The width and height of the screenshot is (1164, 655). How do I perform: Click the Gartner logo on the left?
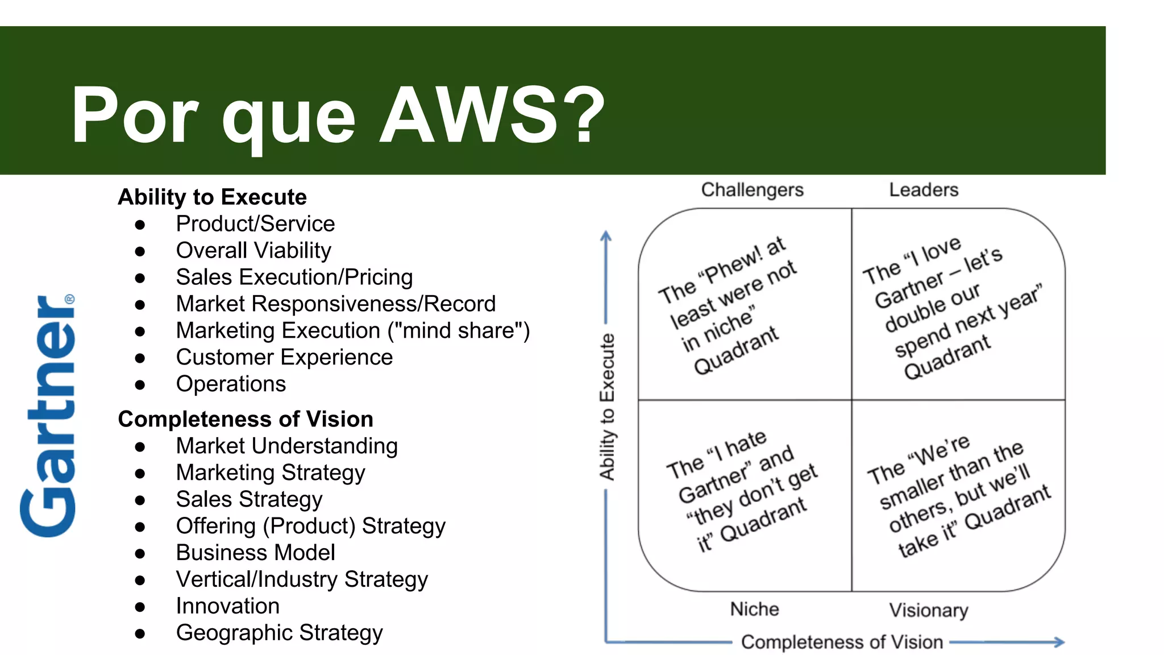[x=48, y=416]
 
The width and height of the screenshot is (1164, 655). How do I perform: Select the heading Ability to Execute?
[x=212, y=197]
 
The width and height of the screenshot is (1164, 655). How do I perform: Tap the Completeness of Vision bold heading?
[x=246, y=419]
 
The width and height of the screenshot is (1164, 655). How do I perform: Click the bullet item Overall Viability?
[x=253, y=251]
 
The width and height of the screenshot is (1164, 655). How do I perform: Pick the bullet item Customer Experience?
[x=284, y=358]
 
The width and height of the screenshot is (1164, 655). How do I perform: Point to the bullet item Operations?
[x=231, y=384]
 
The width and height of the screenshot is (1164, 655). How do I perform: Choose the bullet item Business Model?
[x=255, y=553]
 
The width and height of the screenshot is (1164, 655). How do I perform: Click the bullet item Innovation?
[x=227, y=606]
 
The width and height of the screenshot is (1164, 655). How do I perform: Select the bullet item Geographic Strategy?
[x=279, y=633]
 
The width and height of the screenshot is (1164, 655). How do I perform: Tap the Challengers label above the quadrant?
[x=752, y=190]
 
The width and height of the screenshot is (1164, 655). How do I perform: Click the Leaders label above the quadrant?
[x=924, y=190]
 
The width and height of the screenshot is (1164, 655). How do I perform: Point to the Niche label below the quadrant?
[x=754, y=610]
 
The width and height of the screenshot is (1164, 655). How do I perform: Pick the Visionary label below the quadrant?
[x=929, y=611]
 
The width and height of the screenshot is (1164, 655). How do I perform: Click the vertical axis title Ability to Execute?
[x=607, y=407]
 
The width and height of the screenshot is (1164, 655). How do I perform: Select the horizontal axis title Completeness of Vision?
[x=842, y=642]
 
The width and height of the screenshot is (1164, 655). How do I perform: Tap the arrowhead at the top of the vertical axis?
[x=606, y=235]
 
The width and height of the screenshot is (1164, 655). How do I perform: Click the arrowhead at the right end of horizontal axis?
[x=1059, y=642]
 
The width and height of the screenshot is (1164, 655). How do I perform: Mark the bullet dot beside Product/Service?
[x=140, y=225]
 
